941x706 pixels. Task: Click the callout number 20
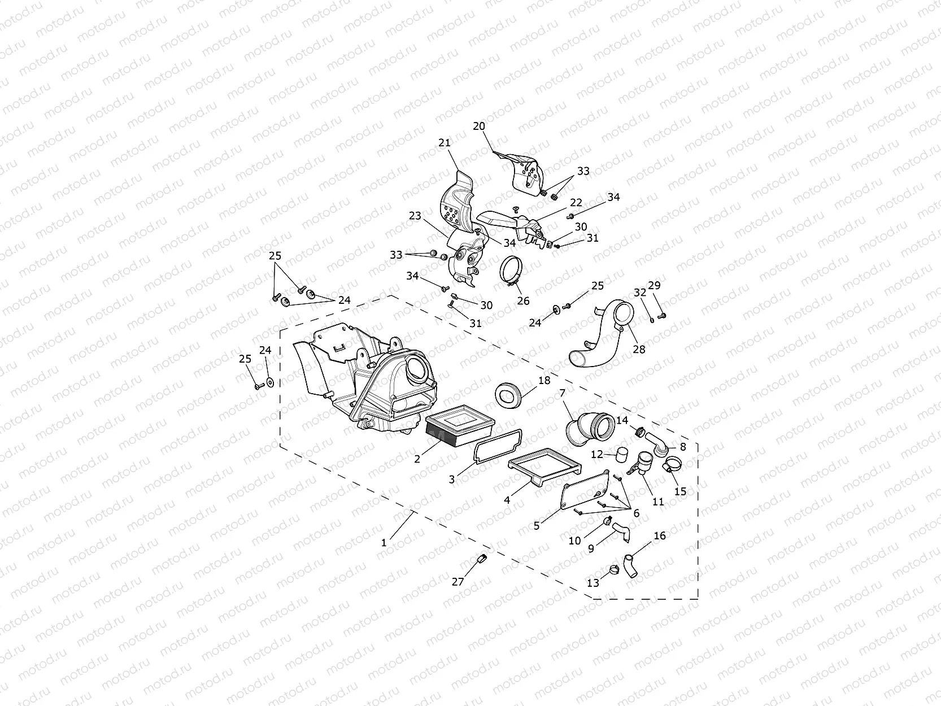[x=479, y=127]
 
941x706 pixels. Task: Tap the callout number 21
[x=445, y=143]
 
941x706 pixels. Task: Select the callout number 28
[x=639, y=349]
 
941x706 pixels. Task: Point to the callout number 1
[x=384, y=543]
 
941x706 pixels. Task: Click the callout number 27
[x=458, y=581]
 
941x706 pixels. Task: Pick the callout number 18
[x=544, y=381]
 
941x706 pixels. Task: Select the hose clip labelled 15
[x=671, y=467]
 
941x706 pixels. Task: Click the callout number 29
[x=654, y=285]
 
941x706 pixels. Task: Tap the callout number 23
[x=415, y=216]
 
